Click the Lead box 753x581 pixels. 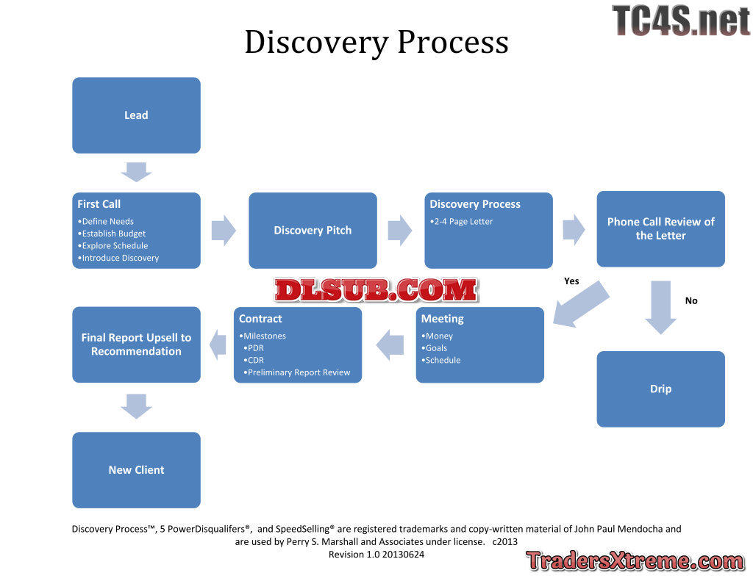[x=136, y=115]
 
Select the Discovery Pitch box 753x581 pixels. [x=313, y=230]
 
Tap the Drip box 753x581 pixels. [x=660, y=389]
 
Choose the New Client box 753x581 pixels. [x=136, y=470]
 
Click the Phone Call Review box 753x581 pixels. [x=660, y=228]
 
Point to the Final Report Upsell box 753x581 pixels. [x=136, y=344]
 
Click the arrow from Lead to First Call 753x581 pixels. [x=136, y=173]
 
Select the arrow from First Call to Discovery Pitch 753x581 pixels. [x=224, y=230]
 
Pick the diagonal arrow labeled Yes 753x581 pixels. [x=581, y=303]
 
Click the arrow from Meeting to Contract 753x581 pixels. [x=390, y=344]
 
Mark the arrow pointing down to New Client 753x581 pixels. [x=136, y=406]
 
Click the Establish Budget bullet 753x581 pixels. [x=114, y=234]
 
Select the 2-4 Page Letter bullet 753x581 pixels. [x=463, y=222]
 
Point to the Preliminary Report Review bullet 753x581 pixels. [x=299, y=372]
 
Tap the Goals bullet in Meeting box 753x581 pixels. [x=436, y=348]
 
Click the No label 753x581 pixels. [x=691, y=300]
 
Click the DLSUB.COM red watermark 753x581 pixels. [x=376, y=290]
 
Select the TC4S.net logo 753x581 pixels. [x=680, y=21]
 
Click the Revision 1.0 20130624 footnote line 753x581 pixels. [x=376, y=555]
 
